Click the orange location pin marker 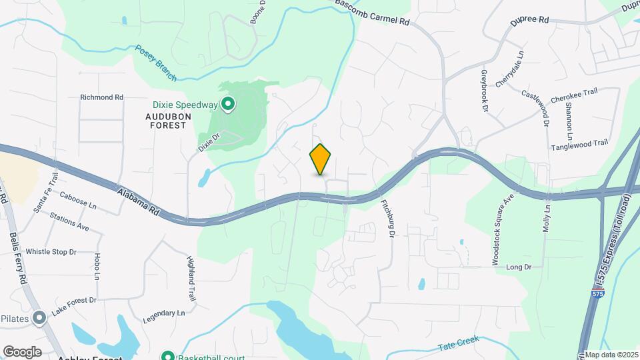point(321,159)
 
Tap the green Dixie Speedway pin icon point(227,104)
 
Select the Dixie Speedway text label point(185,105)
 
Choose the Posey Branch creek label point(156,63)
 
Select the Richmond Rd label point(101,97)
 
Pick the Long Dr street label point(518,267)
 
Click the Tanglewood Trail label point(579,143)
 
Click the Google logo point(22,351)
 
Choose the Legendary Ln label point(163,313)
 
